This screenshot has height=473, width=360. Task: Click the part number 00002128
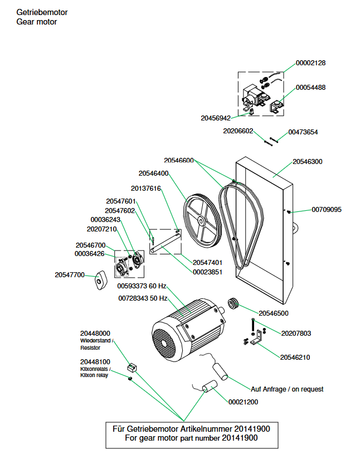coord(310,63)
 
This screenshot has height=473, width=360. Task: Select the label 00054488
coord(310,88)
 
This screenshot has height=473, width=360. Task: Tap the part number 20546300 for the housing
coord(307,162)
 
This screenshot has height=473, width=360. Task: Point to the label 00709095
coord(326,210)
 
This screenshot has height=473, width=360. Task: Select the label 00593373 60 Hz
coord(142,286)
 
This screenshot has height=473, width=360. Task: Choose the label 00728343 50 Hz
coord(143,298)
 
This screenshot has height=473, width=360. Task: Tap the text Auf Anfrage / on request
coord(287,389)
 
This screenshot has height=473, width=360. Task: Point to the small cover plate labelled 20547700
coord(100,279)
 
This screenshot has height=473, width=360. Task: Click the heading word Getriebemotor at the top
coord(42,12)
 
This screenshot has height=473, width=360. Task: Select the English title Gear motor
coord(37,22)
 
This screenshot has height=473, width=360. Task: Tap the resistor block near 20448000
coord(133,367)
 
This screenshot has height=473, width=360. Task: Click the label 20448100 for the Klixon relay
coord(95,361)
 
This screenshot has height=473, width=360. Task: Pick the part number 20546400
coord(153,173)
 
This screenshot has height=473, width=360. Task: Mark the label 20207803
coord(295,334)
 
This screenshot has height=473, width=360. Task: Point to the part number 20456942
coord(216,118)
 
